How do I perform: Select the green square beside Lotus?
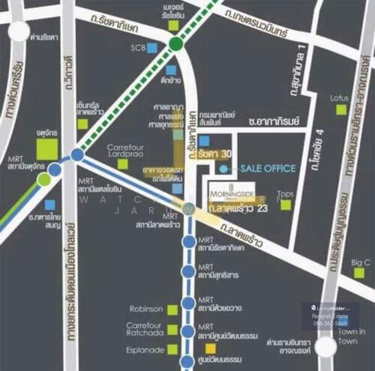point(341,109)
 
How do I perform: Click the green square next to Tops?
point(285,204)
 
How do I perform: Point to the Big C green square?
point(358,276)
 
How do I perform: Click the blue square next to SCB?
point(152,47)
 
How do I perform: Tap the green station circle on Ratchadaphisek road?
point(176,43)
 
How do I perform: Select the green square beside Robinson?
point(172,309)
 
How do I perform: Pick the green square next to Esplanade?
point(172,349)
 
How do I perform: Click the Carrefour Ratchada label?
point(144,329)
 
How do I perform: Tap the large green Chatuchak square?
point(48,149)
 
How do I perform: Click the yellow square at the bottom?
point(211,349)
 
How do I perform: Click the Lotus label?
point(339,98)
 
